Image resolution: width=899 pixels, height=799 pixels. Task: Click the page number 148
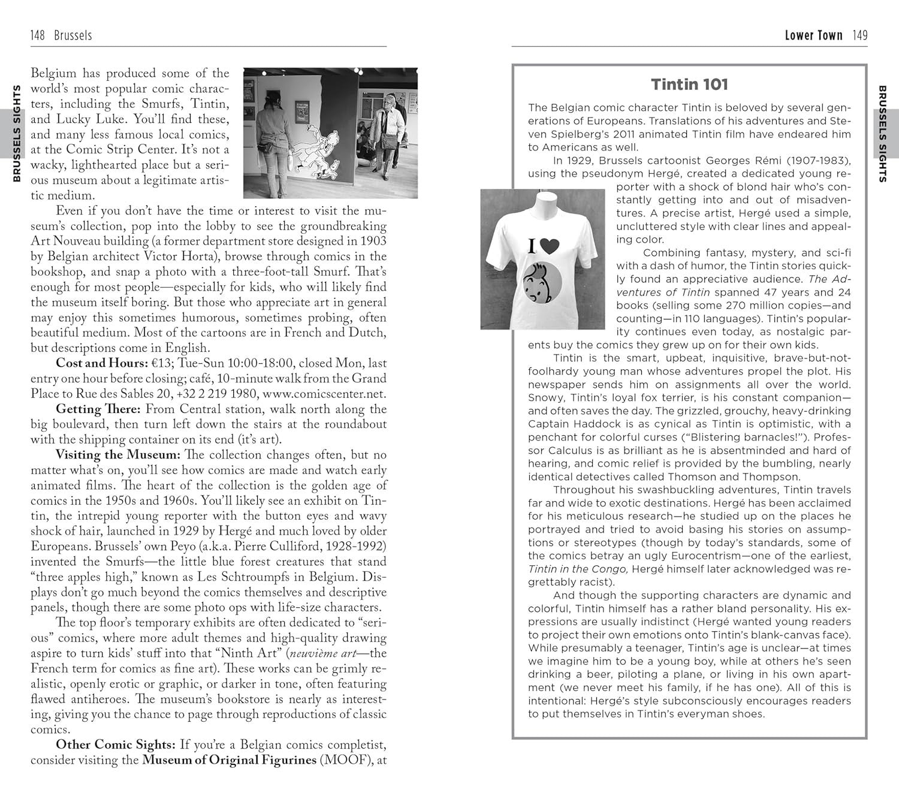pos(37,35)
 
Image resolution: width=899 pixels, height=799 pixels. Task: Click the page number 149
pos(860,35)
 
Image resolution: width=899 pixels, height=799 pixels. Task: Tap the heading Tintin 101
pos(689,85)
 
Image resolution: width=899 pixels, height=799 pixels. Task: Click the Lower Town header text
pos(813,35)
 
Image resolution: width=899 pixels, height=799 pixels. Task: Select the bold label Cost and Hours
pos(101,363)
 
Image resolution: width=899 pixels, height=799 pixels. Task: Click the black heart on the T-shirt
pos(549,246)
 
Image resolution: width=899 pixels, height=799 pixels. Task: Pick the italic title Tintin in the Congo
pos(577,569)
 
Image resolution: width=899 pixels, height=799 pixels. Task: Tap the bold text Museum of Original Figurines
pos(229,760)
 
